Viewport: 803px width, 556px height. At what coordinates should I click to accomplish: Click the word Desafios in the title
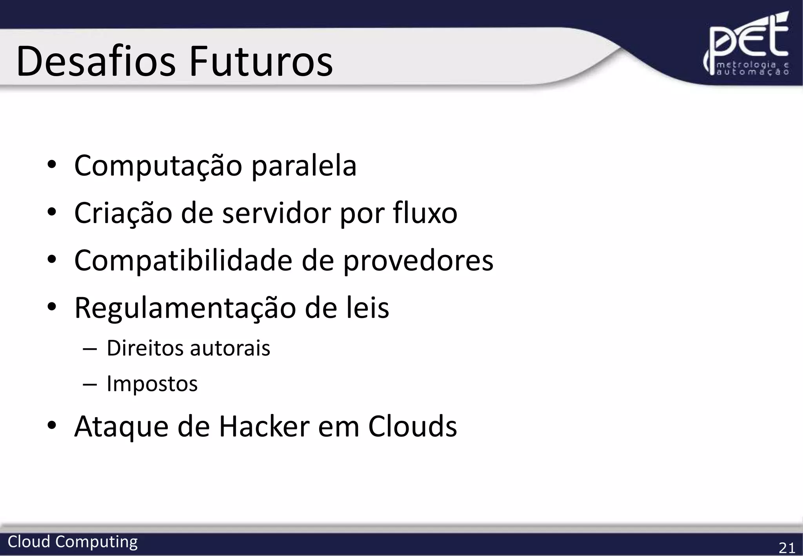96,62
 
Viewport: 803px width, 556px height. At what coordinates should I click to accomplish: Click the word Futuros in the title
261,62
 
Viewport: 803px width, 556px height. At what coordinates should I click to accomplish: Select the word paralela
304,166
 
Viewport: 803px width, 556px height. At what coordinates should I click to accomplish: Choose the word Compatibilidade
183,261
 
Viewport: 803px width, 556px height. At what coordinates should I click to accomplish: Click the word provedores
418,261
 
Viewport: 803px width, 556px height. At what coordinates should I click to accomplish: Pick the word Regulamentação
185,309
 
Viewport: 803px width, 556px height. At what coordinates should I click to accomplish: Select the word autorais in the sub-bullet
230,348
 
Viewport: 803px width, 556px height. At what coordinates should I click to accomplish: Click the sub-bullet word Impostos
152,384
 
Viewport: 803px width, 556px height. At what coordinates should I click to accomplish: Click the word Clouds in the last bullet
412,427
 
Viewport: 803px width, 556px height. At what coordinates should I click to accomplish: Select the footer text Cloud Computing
73,542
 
